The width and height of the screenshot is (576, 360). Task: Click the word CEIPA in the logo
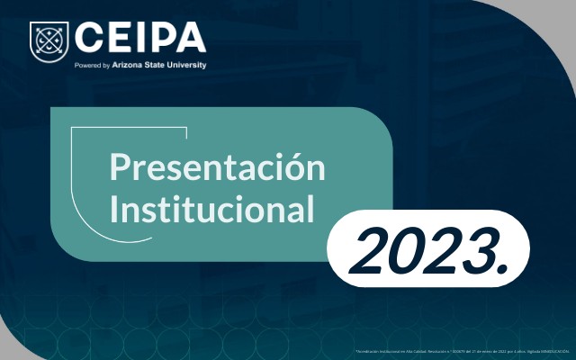click(140, 38)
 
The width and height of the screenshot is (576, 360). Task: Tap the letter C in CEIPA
click(89, 38)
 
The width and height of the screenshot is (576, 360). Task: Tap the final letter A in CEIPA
click(191, 38)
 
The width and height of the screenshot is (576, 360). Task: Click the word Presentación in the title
click(216, 167)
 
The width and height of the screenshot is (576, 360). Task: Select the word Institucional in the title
click(211, 209)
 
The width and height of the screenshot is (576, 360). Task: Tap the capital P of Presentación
click(118, 167)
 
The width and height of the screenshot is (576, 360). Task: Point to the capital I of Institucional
click(113, 209)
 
